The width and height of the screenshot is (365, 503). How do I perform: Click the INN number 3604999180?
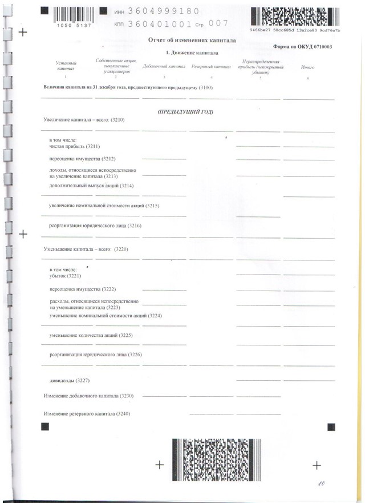(164, 11)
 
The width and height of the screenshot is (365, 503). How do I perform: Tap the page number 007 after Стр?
(218, 23)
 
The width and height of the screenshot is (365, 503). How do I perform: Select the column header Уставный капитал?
(66, 65)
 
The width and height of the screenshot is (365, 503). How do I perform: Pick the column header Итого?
(307, 67)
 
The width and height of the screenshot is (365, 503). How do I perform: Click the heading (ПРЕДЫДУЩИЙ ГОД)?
(185, 112)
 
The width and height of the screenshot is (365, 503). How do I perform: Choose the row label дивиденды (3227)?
(70, 380)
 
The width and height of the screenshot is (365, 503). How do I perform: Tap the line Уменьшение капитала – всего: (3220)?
(86, 250)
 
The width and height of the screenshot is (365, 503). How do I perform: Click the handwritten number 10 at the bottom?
(322, 484)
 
